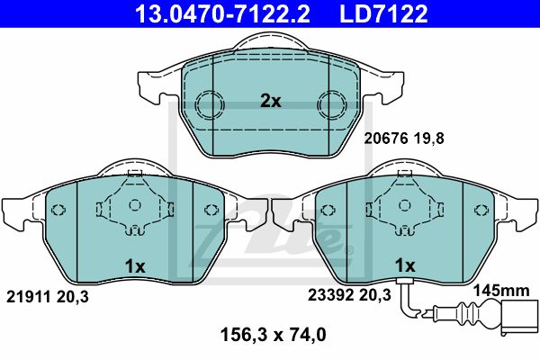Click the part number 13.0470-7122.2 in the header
point(222,13)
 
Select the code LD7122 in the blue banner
point(383,13)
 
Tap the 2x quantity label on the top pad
point(270,101)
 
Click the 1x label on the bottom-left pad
point(135,266)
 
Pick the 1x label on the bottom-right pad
point(405,265)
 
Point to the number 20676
point(386,139)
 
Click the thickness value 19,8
point(428,139)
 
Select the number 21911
point(29,297)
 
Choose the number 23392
point(330,295)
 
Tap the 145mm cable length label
point(501,291)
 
